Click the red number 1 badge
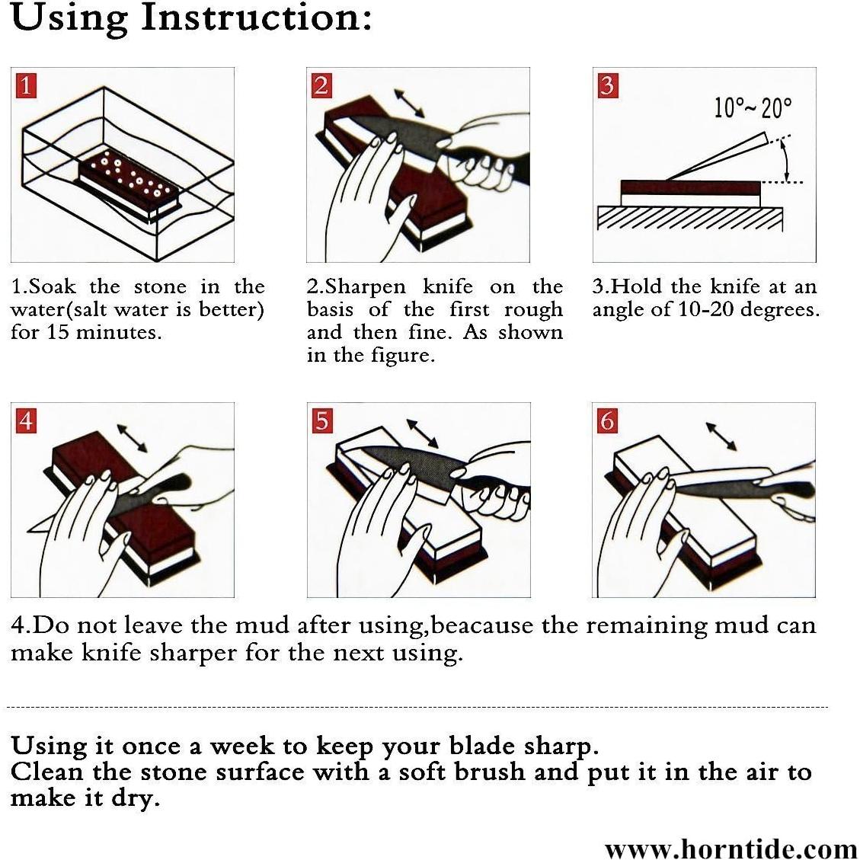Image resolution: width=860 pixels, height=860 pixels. click(27, 85)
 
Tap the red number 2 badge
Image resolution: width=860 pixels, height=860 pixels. click(321, 85)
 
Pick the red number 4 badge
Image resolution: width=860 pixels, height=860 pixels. click(27, 420)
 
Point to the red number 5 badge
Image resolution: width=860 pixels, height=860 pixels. click(322, 420)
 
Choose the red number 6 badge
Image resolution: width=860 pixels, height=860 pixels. click(607, 420)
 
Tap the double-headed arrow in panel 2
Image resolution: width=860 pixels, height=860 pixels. click(409, 103)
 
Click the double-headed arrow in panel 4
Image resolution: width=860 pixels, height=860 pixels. click(133, 438)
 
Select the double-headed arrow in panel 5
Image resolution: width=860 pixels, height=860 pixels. click(422, 434)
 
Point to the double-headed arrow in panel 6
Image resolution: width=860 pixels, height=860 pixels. click(721, 436)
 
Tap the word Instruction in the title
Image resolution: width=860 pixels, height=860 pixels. click(257, 18)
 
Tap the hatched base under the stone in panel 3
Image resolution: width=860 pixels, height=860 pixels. click(690, 219)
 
